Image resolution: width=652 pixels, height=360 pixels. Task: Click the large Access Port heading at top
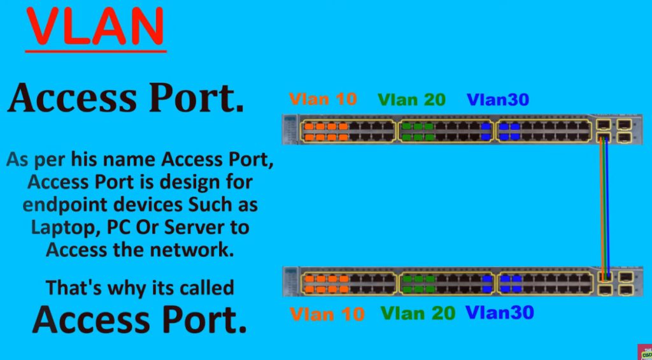125,99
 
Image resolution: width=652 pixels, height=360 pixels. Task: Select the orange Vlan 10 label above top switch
323,99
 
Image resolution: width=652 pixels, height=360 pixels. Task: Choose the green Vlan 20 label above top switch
411,100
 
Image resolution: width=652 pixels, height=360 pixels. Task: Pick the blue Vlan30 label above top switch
498,100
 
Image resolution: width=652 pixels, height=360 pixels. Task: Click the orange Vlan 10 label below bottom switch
327,313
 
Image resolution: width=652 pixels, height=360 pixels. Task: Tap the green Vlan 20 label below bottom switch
418,313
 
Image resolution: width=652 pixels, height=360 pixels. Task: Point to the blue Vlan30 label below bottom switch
499,312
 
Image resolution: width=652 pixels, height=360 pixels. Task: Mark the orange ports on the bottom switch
326,284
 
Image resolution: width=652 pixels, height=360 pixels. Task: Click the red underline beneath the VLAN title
96,50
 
